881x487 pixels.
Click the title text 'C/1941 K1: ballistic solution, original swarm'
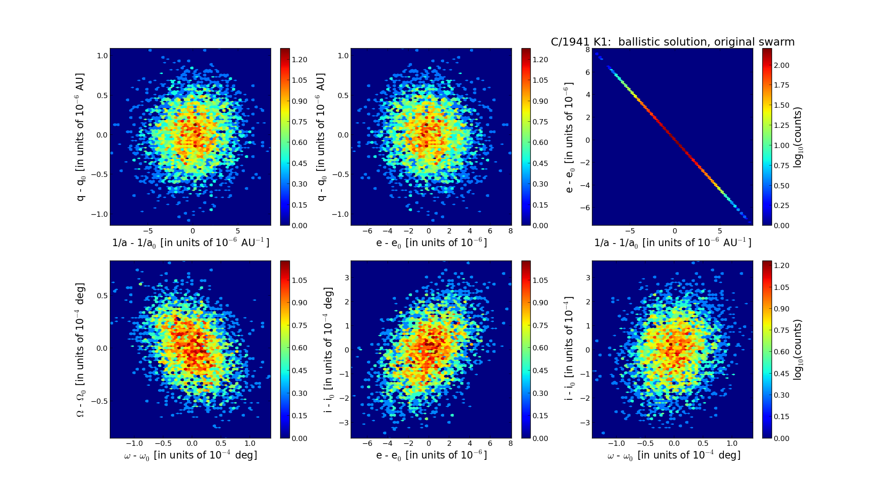[672, 42]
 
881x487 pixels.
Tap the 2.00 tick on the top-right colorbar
[781, 65]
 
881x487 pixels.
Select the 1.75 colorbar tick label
[781, 85]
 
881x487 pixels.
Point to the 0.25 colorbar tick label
[781, 205]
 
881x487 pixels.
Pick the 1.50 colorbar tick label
[781, 105]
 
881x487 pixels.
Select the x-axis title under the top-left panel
[190, 243]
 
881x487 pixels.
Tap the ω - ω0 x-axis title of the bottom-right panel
[673, 455]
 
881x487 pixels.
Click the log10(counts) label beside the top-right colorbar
[798, 137]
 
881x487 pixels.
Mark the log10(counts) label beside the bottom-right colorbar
[798, 349]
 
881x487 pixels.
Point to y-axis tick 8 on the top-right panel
[587, 49]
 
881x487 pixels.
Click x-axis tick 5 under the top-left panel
[238, 231]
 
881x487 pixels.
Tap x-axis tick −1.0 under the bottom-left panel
[134, 443]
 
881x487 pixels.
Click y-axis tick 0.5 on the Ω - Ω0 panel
[102, 296]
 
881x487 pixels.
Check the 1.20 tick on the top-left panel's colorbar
[300, 60]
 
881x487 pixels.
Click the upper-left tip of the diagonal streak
[596, 54]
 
